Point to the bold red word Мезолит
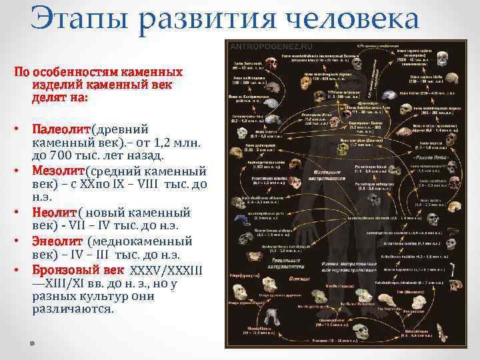[60, 171]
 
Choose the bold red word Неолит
[55, 213]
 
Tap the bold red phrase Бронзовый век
[77, 270]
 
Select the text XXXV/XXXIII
[166, 270]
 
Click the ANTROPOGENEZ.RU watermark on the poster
[261, 47]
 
